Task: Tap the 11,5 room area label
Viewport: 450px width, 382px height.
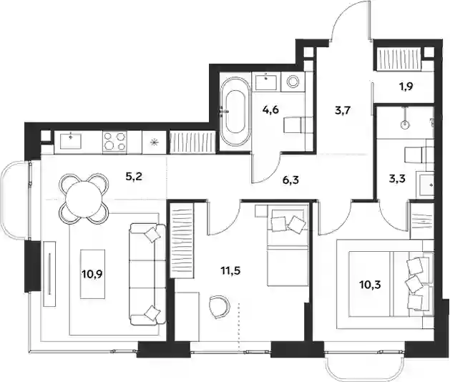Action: click(x=230, y=270)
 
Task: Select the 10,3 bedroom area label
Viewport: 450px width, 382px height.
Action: click(x=370, y=285)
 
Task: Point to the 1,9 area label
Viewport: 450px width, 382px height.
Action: click(x=406, y=86)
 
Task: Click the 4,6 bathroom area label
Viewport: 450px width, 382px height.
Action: click(x=270, y=109)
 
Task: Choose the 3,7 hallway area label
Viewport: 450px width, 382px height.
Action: click(x=343, y=110)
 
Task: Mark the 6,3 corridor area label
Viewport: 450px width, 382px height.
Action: click(x=290, y=180)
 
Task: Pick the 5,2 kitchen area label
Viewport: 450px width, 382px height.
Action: click(x=134, y=176)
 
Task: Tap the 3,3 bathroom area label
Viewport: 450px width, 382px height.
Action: click(x=396, y=179)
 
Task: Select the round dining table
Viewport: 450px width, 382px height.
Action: click(x=84, y=198)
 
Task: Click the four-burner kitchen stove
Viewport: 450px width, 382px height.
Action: click(x=114, y=141)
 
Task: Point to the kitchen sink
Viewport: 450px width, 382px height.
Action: click(x=71, y=141)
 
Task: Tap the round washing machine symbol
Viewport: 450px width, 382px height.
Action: click(x=293, y=82)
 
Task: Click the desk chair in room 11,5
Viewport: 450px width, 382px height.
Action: click(x=220, y=307)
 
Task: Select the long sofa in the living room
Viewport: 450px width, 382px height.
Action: click(x=147, y=275)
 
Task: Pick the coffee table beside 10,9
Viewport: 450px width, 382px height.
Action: click(x=92, y=274)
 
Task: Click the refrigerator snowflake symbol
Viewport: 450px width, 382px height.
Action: click(x=155, y=142)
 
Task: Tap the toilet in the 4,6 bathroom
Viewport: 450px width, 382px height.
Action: click(x=293, y=124)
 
